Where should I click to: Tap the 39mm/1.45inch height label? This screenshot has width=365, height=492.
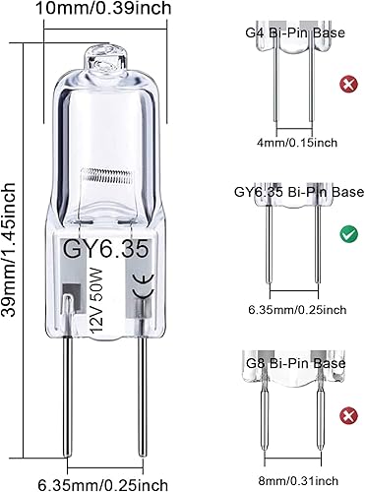[13, 246]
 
